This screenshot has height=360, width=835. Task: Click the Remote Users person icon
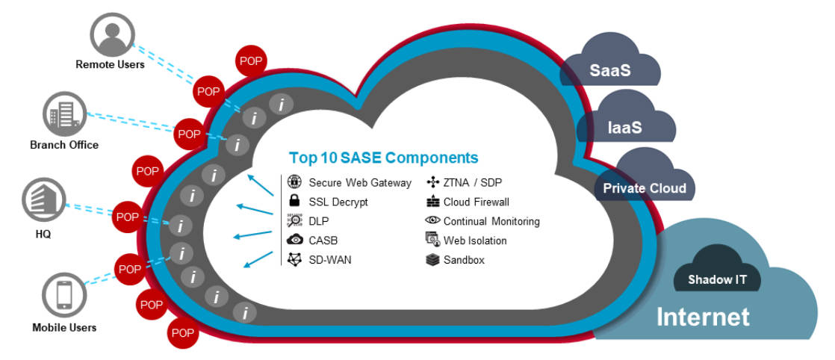point(111,34)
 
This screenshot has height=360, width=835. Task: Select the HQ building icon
point(43,199)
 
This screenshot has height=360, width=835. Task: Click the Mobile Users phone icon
point(63,296)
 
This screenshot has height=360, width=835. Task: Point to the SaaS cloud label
point(609,71)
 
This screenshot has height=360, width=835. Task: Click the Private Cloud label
point(644,187)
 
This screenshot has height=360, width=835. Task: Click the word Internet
point(702,317)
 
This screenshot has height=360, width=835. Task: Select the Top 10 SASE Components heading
point(383,158)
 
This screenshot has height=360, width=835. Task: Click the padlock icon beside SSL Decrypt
point(294,201)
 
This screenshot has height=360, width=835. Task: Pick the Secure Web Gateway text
point(360,182)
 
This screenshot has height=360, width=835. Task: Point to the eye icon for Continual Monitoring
point(432,221)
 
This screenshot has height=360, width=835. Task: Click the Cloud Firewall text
point(476,202)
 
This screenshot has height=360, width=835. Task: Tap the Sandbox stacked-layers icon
point(432,260)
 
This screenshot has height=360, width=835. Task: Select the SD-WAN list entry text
point(330,260)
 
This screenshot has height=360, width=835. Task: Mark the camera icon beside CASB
point(294,240)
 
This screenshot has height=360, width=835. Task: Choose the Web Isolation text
point(475,240)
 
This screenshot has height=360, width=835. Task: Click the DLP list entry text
point(319,221)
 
